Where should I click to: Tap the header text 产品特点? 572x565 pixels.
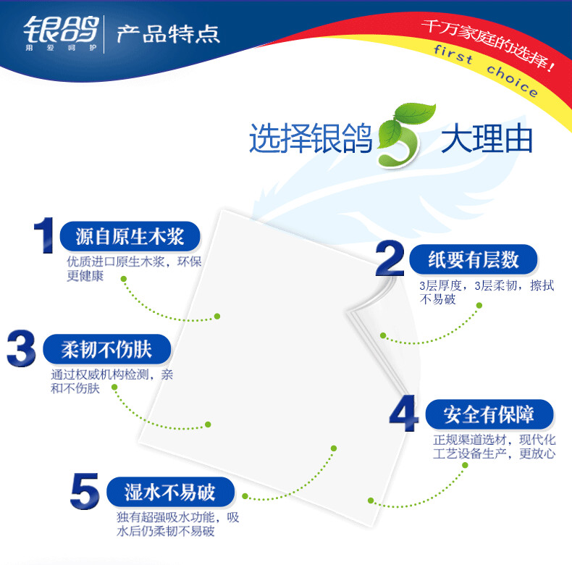pyautogui.click(x=168, y=35)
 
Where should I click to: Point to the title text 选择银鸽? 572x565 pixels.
pyautogui.click(x=310, y=138)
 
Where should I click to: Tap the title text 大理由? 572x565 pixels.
pyautogui.click(x=487, y=138)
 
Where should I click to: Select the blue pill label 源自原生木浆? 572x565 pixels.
pyautogui.click(x=130, y=236)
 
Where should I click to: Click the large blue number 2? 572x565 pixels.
pyautogui.click(x=390, y=260)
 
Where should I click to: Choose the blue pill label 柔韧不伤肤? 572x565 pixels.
pyautogui.click(x=107, y=350)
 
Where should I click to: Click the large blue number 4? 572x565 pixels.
pyautogui.click(x=403, y=414)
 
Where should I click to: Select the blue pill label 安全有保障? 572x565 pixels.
pyautogui.click(x=489, y=415)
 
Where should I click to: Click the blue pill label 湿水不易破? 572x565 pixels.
pyautogui.click(x=170, y=493)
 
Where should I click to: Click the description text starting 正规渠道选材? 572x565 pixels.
pyautogui.click(x=495, y=447)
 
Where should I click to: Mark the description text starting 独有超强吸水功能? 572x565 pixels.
pyautogui.click(x=177, y=524)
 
